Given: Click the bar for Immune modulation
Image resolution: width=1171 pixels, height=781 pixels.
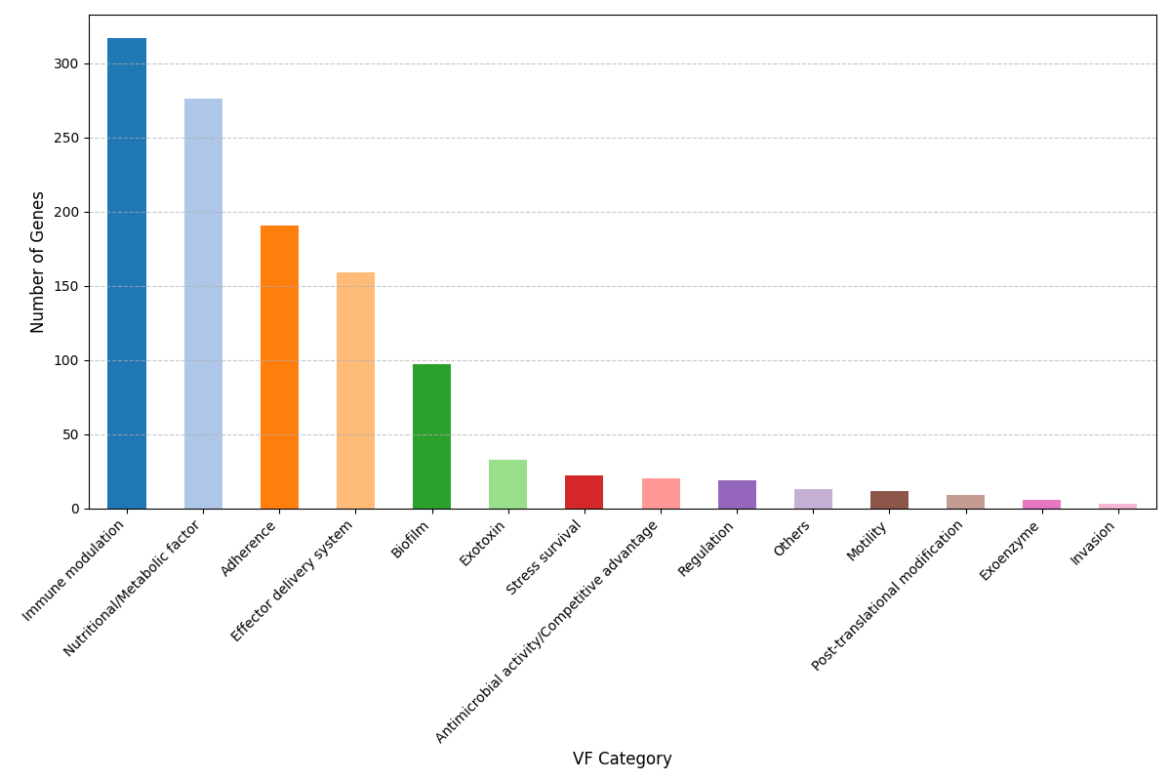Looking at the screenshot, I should point(127,273).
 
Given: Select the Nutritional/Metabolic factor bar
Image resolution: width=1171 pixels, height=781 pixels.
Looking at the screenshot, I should point(203,304).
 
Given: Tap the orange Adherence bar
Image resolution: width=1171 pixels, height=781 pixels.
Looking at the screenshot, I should point(279,367).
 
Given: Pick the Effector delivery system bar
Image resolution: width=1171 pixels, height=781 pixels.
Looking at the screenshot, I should point(355,390).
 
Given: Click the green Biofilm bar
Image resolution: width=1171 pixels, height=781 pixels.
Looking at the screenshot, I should point(431,436).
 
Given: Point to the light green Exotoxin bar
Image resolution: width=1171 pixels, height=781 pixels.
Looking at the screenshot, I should point(507,484).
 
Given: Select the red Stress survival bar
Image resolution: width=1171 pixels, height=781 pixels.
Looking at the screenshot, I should point(584,492).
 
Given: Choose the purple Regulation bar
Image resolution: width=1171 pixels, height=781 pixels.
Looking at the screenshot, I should point(737,494).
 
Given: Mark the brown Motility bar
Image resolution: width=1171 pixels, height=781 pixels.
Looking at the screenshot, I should point(889,500).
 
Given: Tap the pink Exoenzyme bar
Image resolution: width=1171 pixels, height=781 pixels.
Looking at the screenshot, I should point(1041,504).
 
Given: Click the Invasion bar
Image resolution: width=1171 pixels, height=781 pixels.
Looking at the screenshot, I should point(1117,506).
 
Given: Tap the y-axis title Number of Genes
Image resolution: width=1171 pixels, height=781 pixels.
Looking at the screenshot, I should point(38,262).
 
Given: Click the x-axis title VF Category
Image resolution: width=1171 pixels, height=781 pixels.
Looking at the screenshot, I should point(622,759).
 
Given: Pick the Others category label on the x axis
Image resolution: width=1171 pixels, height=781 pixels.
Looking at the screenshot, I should point(792,539).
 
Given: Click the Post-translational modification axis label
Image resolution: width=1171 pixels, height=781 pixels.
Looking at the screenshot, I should point(888,596).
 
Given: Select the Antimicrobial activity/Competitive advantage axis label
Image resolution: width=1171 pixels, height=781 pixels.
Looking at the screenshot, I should point(546,632).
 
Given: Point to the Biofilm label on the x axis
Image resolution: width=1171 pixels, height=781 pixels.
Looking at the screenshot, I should point(411,540).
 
